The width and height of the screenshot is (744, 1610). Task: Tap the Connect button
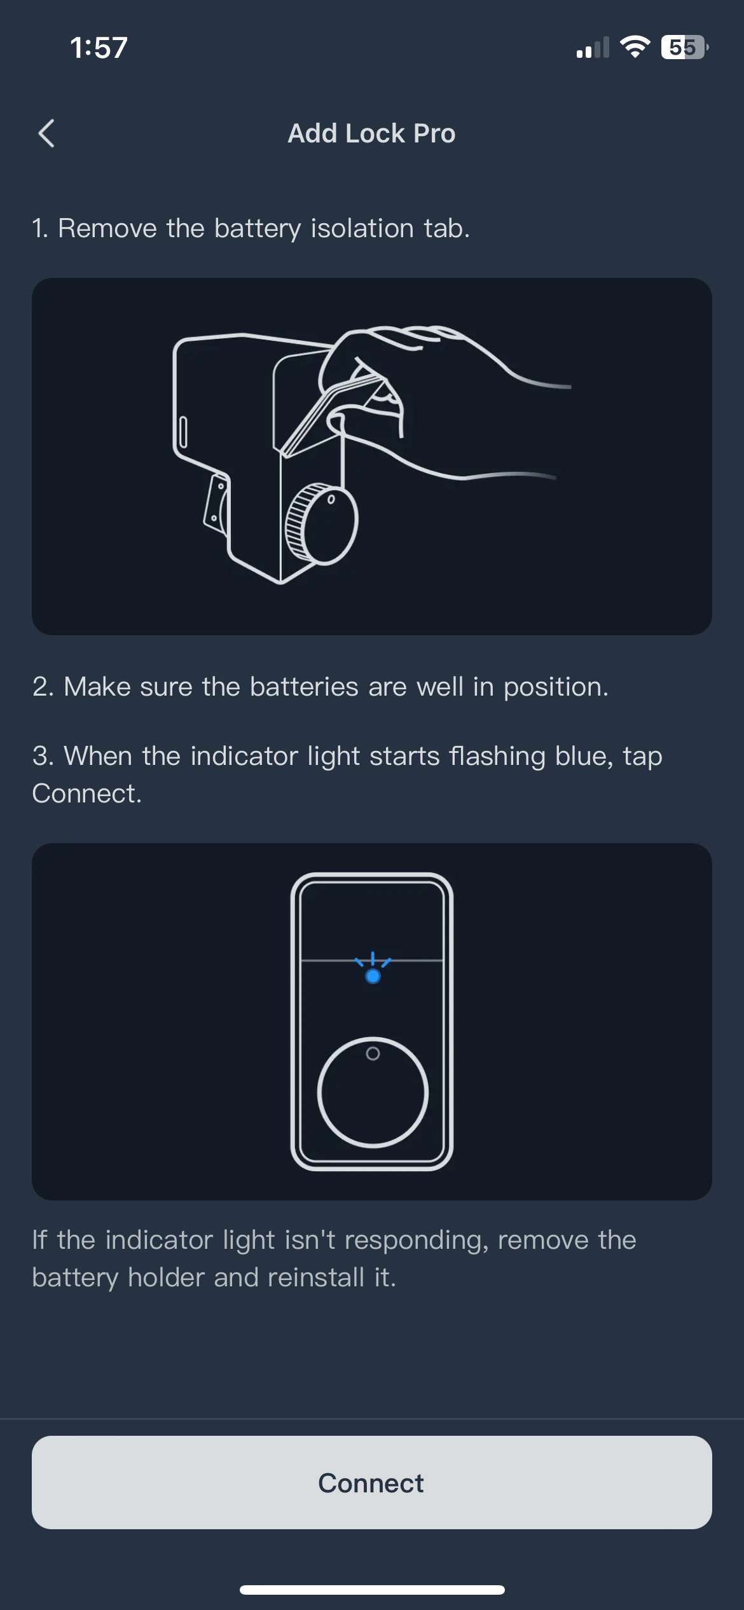click(371, 1482)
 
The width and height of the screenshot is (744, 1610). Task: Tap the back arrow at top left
click(46, 134)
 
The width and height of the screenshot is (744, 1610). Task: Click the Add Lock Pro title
click(371, 134)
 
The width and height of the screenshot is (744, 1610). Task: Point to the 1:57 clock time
click(99, 48)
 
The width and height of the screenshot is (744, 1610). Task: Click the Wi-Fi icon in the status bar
click(634, 47)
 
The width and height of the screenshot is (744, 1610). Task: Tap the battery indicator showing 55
click(684, 47)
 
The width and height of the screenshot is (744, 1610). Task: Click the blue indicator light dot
click(373, 976)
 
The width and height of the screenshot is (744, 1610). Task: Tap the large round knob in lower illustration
click(373, 1100)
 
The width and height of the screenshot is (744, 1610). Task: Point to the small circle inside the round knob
click(373, 1054)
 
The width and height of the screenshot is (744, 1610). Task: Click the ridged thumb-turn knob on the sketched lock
click(321, 523)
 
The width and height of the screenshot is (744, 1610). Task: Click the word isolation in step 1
click(362, 228)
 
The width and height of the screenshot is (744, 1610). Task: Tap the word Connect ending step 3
click(86, 794)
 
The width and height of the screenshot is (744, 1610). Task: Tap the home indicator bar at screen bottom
click(372, 1590)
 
